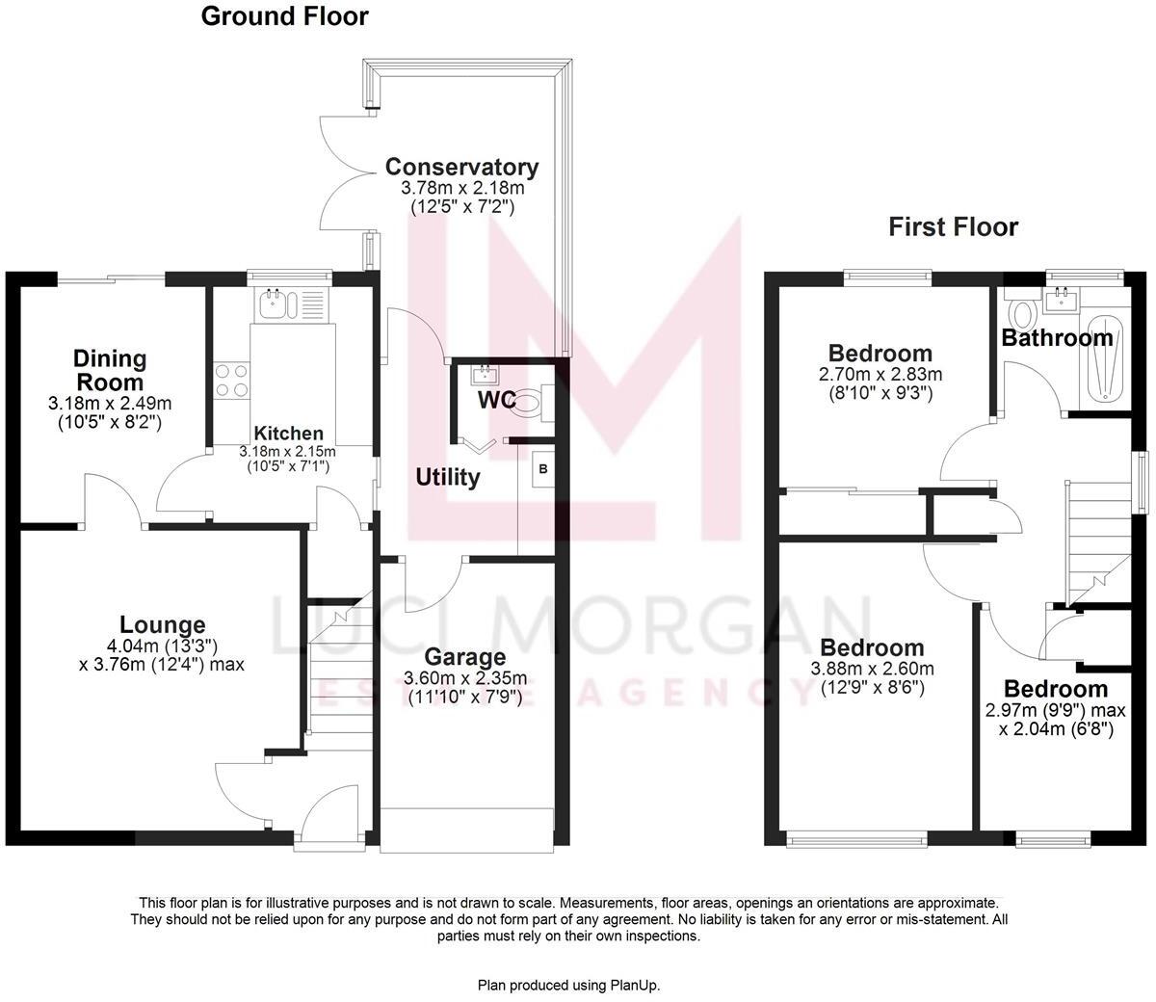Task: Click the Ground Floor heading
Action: [284, 16]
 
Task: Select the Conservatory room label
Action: [461, 167]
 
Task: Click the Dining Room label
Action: [110, 370]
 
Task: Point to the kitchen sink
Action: [273, 304]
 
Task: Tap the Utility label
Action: [448, 477]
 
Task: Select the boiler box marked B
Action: [542, 470]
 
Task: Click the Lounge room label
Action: [162, 625]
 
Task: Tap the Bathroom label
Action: [1057, 338]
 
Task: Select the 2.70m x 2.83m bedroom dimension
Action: [880, 375]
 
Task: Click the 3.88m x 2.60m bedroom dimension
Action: [872, 669]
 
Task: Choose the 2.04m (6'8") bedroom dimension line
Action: [1057, 729]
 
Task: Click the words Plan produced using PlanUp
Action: [569, 985]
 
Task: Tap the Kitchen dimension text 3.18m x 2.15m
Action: [288, 451]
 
